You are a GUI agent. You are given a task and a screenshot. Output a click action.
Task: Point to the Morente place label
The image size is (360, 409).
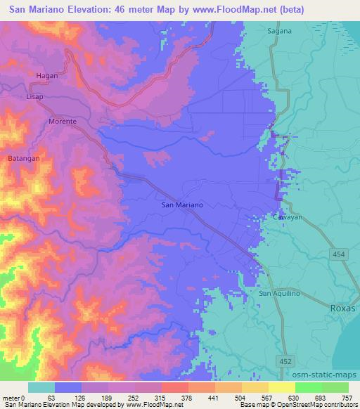62,121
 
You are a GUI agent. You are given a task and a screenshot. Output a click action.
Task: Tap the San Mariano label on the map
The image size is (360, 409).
183,204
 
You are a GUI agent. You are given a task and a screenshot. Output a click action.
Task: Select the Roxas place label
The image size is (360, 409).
343,308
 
